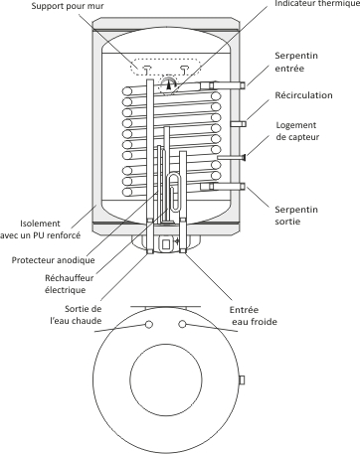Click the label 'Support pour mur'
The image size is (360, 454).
pos(68,6)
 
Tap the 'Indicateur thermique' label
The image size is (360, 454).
pos(317,4)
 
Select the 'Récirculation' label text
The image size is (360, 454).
pos(303,95)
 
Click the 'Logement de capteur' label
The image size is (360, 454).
pos(297,131)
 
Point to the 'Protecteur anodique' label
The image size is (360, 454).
pos(53,260)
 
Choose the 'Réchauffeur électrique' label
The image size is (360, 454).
pos(69,284)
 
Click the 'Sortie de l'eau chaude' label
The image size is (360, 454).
pos(76,315)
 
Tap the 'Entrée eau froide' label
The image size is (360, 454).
pos(254,316)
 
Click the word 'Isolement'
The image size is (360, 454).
pos(40,224)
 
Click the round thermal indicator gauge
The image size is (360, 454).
pos(169,84)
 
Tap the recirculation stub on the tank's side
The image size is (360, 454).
pos(239,124)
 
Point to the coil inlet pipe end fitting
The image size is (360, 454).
pos(243,85)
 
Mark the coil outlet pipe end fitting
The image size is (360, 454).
pos(243,187)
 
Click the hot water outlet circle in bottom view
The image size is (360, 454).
pos(149,324)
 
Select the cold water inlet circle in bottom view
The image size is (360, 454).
pos(182,324)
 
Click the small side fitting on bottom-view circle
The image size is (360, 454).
pos(242,379)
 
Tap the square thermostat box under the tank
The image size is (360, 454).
pos(166,244)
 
